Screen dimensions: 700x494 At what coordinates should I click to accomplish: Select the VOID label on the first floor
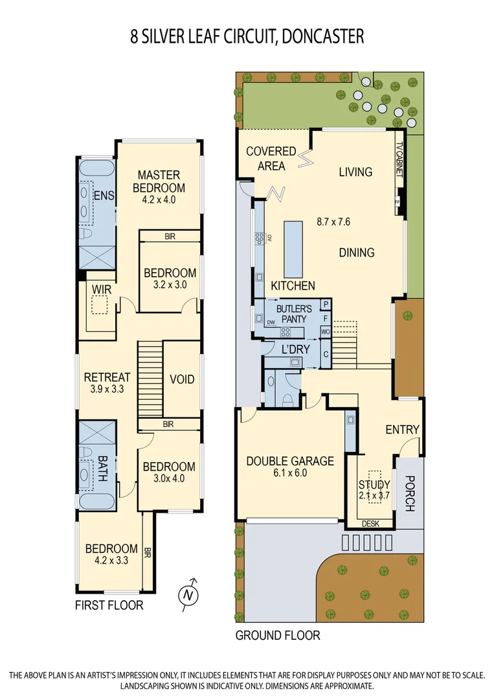point(181,379)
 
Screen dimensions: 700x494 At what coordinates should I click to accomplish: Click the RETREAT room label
point(107,377)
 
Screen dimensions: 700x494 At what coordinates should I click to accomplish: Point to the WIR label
point(102,290)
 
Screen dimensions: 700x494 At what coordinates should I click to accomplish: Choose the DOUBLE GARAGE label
point(290,461)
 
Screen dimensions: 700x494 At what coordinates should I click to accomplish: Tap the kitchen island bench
point(293,250)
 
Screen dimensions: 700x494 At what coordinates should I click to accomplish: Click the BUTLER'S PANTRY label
point(294,314)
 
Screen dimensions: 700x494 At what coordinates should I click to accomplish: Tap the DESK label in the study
point(370,524)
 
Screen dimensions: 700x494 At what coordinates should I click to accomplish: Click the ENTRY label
point(402,430)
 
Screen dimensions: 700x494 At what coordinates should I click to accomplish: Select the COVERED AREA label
point(271,158)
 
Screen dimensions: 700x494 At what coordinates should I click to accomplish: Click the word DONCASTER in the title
point(317,36)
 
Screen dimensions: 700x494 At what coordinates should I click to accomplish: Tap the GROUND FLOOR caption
point(277,635)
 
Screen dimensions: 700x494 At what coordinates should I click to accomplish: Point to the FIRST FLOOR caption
point(109,605)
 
